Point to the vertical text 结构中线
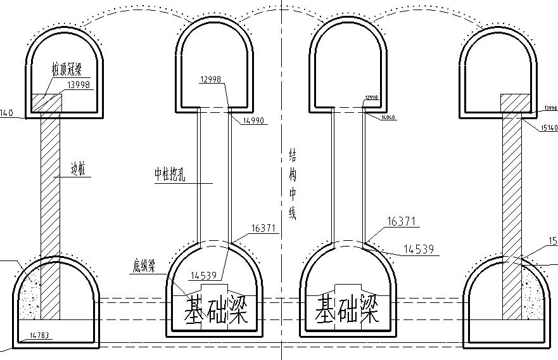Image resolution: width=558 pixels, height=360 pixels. click(x=293, y=184)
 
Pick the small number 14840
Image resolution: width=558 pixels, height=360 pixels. click(x=388, y=118)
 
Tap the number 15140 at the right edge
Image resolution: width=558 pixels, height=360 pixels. click(x=549, y=128)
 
